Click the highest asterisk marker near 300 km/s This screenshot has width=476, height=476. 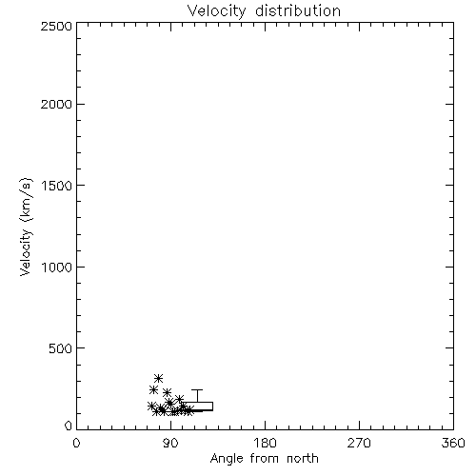coord(158,378)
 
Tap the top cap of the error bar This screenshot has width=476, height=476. coord(197,389)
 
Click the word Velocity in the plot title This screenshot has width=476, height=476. coord(216,11)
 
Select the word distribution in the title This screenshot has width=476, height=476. coord(298,10)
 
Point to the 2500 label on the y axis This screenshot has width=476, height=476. coord(56,26)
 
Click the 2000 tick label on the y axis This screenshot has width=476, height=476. coord(56,104)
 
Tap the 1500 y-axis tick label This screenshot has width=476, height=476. coord(57,186)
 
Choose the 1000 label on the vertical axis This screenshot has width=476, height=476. coord(57,267)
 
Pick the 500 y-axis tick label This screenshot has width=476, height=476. coord(61,348)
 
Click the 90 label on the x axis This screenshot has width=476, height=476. coord(170,443)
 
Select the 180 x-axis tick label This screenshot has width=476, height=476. coord(265,443)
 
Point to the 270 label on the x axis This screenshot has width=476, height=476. coord(359,443)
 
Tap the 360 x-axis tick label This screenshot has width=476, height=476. coord(453,443)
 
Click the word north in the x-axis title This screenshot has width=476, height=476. coord(303,458)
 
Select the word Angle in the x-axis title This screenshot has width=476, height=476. coord(227,459)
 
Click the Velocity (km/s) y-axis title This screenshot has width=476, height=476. coord(26,227)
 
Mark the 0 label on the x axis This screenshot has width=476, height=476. coord(76,443)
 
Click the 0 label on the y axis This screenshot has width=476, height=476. coord(69,426)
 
